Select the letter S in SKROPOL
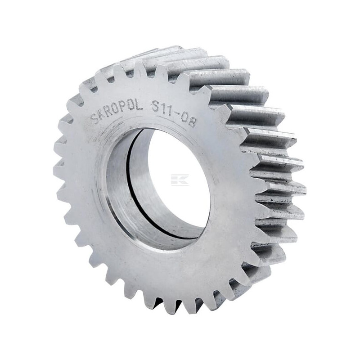tap(94, 119)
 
